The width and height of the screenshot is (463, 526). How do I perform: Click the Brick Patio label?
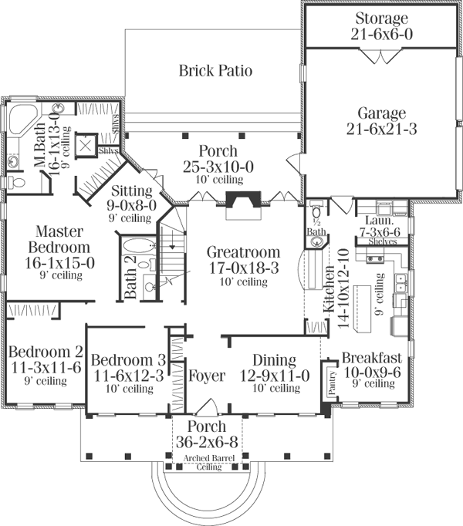tap(216, 71)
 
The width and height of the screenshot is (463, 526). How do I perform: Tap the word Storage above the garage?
tap(380, 19)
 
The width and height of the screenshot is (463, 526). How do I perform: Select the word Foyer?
tap(206, 377)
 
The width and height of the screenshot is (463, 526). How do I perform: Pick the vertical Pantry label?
tap(333, 383)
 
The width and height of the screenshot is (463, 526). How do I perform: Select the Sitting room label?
tap(133, 191)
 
